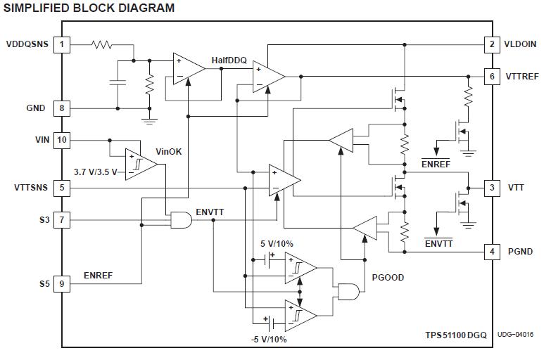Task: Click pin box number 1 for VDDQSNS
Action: point(62,44)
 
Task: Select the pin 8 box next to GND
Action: point(62,108)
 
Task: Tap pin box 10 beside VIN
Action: point(62,140)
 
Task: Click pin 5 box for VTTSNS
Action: point(62,188)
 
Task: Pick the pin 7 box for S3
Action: point(62,221)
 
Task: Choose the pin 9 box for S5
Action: point(62,284)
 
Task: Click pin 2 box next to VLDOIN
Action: point(492,44)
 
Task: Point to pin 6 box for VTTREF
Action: point(492,76)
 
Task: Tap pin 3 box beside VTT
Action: point(492,188)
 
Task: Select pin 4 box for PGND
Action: point(492,251)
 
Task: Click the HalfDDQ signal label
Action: point(229,61)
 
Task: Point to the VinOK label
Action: point(169,151)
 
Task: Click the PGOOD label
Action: point(388,278)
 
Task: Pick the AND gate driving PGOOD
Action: point(348,290)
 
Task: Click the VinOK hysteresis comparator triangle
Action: point(140,164)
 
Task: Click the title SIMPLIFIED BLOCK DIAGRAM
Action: point(89,8)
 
